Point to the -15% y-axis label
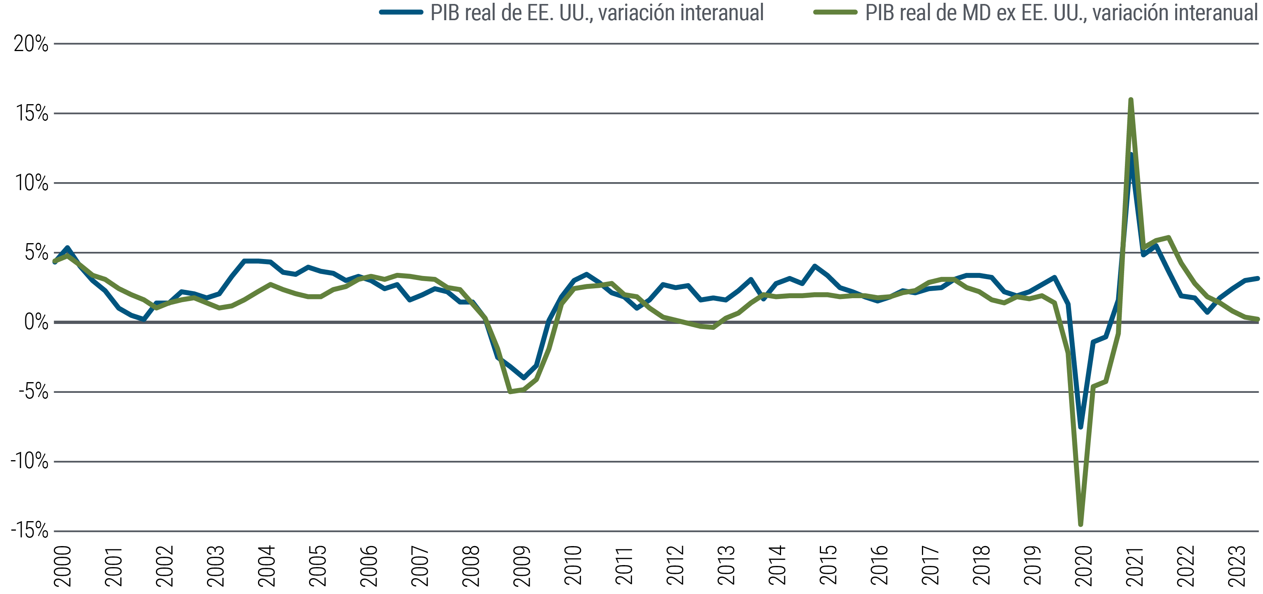29,530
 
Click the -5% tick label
33,392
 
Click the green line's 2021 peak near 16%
1130,100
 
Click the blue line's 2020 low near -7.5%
1081,427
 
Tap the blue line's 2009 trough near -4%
523,378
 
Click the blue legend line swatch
401,12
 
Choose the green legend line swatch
835,12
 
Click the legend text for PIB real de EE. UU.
597,13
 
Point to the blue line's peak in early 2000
67,248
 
